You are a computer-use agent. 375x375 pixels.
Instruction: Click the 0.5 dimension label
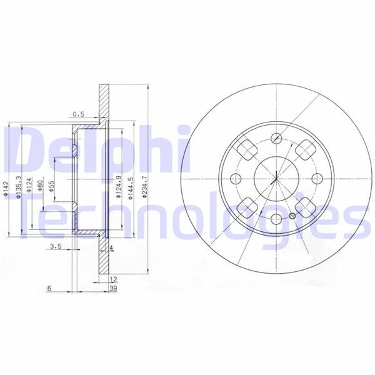pos(77,114)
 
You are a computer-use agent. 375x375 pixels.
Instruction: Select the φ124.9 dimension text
pos(118,187)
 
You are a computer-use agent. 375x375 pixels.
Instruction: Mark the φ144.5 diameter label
pos(131,187)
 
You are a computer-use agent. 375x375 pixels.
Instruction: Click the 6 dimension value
pos(49,288)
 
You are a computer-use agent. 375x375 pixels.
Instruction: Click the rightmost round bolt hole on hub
pos(316,178)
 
